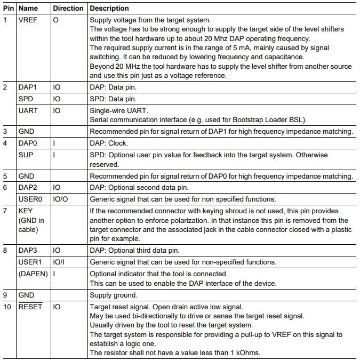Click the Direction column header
coord(68,9)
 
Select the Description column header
coord(109,9)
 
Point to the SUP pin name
coord(26,155)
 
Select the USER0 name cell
coord(30,199)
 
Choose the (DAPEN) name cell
coord(33,273)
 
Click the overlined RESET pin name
coord(30,307)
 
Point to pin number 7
coord(5,211)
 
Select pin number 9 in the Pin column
coord(5,295)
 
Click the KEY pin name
coord(26,211)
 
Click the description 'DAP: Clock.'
coord(109,143)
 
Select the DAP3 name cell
coord(27,251)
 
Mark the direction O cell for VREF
coord(55,19)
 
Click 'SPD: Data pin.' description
coord(113,99)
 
